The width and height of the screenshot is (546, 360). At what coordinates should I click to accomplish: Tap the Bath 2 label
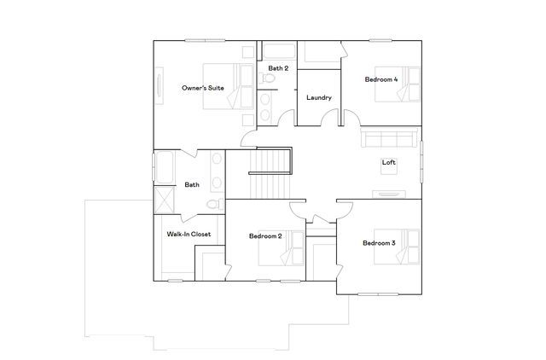(x=278, y=67)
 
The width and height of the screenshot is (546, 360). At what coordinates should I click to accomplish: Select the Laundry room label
(x=318, y=97)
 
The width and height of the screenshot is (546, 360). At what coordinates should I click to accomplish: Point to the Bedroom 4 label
(x=381, y=79)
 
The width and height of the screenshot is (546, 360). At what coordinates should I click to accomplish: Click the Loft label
(x=389, y=162)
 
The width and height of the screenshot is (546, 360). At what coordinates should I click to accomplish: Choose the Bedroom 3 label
(x=379, y=243)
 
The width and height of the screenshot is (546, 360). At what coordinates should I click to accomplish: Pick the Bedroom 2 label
(x=265, y=235)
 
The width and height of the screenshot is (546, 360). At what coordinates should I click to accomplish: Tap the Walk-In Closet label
(x=189, y=234)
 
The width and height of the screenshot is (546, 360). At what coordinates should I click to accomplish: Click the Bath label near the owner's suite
(x=192, y=184)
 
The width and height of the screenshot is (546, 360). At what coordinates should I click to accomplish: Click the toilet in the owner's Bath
(x=214, y=204)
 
